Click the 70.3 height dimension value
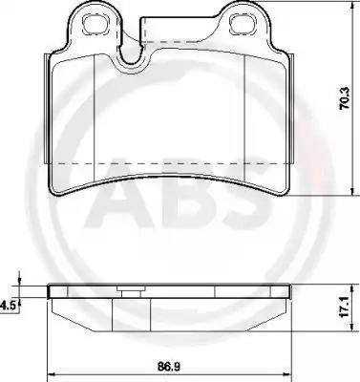point(345,98)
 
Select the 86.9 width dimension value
point(168,367)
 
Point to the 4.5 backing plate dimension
point(8,305)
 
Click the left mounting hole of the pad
point(95,24)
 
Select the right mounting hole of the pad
point(243,24)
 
